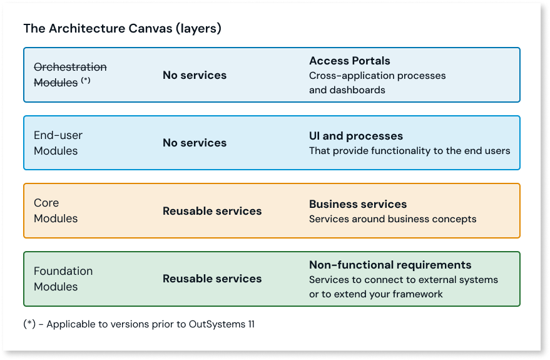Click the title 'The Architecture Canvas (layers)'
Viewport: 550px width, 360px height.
pos(122,29)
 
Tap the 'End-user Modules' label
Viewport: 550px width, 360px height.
pos(58,143)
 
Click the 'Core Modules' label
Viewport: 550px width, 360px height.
pos(56,210)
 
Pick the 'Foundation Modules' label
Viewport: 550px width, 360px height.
pos(63,279)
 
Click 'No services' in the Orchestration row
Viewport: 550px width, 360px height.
pos(195,75)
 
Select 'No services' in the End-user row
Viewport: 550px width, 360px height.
pos(195,143)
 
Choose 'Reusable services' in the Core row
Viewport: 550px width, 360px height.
pos(212,211)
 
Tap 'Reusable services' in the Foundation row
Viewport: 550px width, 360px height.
pos(212,279)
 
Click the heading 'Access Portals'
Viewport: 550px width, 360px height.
pos(349,61)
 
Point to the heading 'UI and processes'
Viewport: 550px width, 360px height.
pos(355,136)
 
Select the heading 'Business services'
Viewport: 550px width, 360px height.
pos(357,204)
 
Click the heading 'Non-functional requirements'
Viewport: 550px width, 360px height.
pos(390,265)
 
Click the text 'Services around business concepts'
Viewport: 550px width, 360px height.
pos(392,219)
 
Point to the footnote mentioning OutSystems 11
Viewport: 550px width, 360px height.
pos(139,324)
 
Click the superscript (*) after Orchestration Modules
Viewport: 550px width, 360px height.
pos(86,80)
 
